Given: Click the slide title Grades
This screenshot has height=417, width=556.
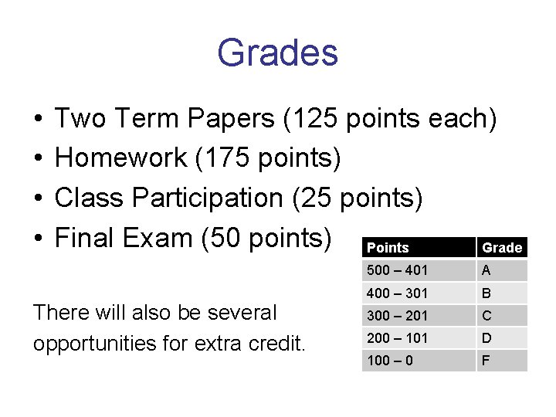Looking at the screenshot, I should pyautogui.click(x=277, y=53).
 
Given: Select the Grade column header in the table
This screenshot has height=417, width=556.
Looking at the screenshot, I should pyautogui.click(x=502, y=248).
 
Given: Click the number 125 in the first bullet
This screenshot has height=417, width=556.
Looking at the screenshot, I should pyautogui.click(x=317, y=119).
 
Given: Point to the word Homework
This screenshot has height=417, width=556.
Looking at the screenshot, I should pyautogui.click(x=121, y=158).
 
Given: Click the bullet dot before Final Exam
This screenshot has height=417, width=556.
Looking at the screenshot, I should pyautogui.click(x=39, y=238).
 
